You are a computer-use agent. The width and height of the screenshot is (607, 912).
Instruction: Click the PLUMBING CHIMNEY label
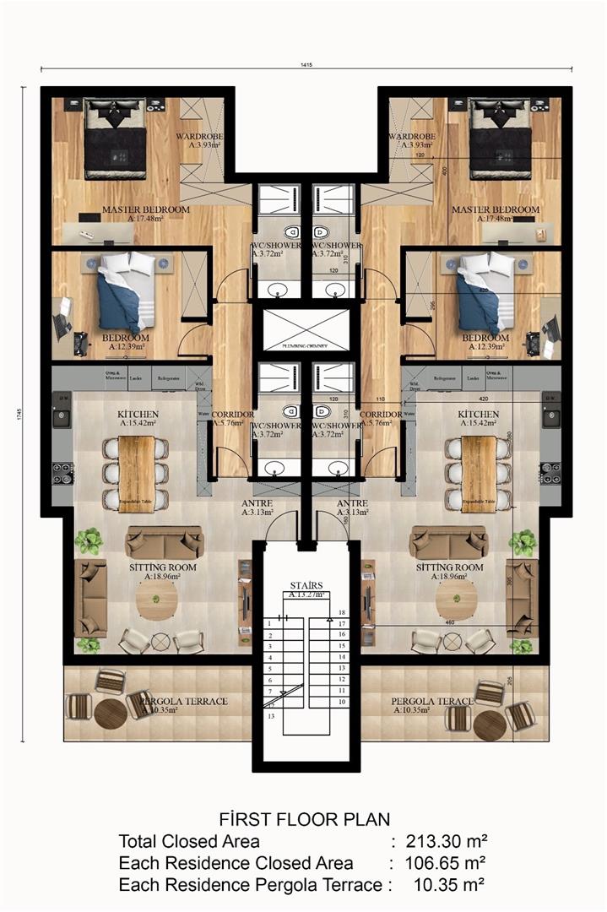point(304,346)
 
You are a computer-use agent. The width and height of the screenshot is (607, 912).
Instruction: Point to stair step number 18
point(342,612)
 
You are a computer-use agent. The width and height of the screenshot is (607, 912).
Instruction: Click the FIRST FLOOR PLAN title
point(303,818)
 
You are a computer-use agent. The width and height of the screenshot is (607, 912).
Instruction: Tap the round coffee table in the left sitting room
point(157,600)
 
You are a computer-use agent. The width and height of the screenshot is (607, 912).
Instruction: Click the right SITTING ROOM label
point(449,567)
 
